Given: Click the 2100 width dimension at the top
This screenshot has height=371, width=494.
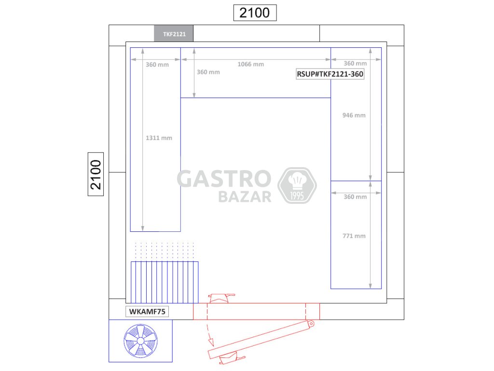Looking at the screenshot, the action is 255,13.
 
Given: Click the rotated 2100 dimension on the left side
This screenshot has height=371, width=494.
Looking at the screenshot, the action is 96,174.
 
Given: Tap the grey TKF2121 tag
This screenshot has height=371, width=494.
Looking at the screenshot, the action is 174,33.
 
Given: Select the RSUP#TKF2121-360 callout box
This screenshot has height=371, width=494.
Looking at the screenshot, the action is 330,74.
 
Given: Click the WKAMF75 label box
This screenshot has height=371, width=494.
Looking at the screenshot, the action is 147,312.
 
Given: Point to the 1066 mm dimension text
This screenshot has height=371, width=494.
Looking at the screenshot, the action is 251,64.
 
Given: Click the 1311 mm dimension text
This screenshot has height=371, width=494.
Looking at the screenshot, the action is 159,138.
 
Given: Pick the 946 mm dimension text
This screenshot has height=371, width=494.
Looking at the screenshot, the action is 354,115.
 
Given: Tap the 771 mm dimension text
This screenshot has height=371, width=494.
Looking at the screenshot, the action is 354,236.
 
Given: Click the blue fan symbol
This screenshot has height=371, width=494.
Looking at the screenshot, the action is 141,341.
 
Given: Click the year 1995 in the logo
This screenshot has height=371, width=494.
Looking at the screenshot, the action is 297,196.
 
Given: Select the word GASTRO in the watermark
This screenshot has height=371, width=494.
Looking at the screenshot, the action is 224,179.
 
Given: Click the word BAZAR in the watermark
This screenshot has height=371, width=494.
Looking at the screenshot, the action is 245,197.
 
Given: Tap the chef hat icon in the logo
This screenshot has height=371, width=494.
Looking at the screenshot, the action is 297,181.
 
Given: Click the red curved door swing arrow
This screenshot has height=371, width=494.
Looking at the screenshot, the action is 209,330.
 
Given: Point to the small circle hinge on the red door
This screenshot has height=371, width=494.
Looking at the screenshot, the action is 311,323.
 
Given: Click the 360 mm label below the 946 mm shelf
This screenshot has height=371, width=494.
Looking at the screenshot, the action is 355,197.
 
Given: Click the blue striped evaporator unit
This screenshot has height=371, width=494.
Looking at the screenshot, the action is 165,282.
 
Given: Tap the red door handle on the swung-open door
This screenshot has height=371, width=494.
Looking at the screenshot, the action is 232,359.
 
